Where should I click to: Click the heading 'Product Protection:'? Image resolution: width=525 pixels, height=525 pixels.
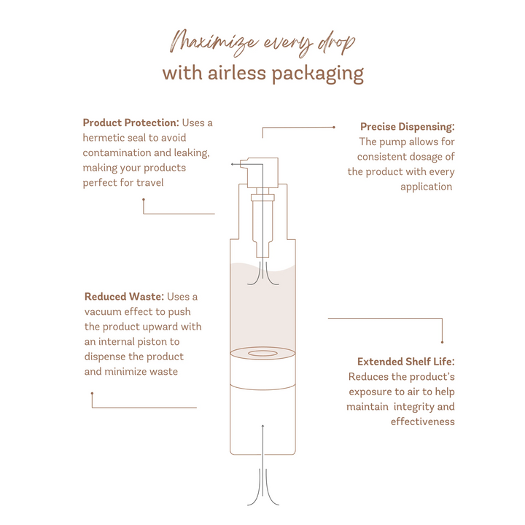tap(131, 122)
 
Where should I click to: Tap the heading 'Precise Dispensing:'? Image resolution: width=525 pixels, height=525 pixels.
tap(408, 127)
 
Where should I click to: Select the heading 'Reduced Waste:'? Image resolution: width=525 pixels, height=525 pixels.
tap(124, 297)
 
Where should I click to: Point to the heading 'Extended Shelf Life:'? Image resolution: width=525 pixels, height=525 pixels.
tap(406, 362)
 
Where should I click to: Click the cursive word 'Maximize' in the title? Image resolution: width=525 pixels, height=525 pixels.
tap(214, 44)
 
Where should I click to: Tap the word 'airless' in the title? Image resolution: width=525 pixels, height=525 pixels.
tap(237, 73)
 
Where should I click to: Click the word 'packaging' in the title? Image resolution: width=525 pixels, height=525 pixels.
tap(317, 74)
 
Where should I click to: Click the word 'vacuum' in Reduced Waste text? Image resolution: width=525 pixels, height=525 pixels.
tap(103, 312)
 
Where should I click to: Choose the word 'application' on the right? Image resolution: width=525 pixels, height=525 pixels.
tap(427, 187)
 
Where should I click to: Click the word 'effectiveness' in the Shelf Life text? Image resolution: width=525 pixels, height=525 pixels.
tap(422, 421)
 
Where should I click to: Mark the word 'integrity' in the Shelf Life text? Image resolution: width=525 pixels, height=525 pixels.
tap(414, 407)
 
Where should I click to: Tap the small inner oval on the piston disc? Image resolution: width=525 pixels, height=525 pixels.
tap(262, 353)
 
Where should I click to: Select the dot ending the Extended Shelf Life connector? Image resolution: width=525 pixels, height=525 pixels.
tap(443, 342)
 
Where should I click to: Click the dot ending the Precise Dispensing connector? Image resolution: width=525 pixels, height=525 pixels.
tap(334, 127)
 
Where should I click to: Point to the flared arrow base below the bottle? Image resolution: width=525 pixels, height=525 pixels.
tap(262, 489)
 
